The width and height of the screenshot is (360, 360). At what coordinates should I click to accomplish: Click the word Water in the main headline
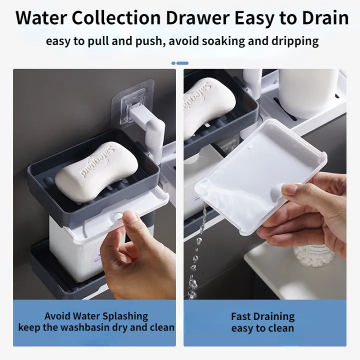[41, 18]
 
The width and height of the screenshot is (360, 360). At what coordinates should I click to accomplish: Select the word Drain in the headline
[321, 18]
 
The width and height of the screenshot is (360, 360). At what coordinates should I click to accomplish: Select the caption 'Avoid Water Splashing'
[96, 316]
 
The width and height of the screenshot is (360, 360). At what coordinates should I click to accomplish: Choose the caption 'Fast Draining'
[262, 316]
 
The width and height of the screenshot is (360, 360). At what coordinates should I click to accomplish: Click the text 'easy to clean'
[262, 328]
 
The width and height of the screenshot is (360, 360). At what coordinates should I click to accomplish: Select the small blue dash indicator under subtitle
[180, 63]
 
